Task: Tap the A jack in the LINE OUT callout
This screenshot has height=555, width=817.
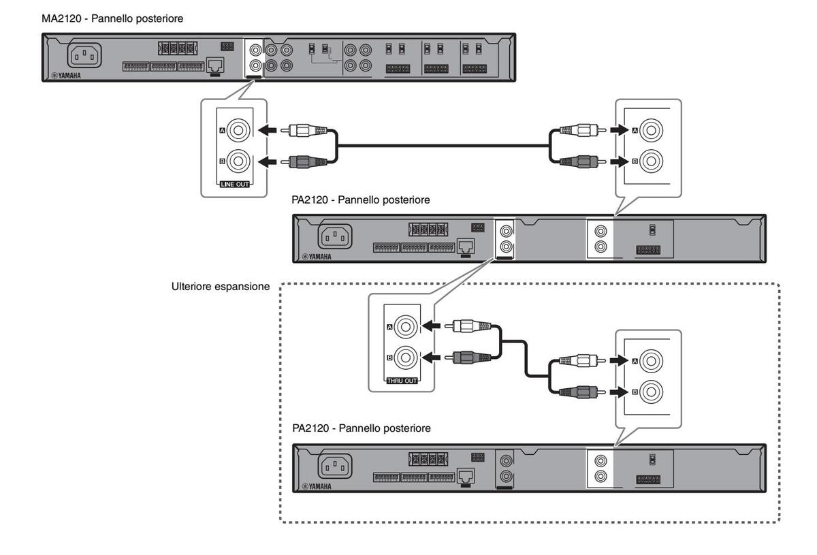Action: pyautogui.click(x=239, y=129)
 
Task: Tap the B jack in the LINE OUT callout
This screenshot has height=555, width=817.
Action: pyautogui.click(x=239, y=162)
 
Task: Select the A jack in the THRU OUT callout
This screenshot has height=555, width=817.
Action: pyautogui.click(x=406, y=328)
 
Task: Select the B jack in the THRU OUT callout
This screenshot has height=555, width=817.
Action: pyautogui.click(x=406, y=357)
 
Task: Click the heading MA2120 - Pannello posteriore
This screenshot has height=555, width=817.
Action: pyautogui.click(x=112, y=19)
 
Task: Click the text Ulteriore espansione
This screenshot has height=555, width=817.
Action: pyautogui.click(x=221, y=287)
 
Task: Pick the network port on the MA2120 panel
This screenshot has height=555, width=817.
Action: pyautogui.click(x=215, y=66)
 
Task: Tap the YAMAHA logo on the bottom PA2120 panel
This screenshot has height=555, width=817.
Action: pyautogui.click(x=317, y=486)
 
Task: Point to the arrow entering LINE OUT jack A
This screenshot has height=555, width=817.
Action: pyautogui.click(x=270, y=129)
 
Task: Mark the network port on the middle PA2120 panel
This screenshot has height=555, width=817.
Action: pyautogui.click(x=466, y=247)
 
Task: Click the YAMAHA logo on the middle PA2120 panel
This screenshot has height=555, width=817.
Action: pyautogui.click(x=317, y=257)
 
